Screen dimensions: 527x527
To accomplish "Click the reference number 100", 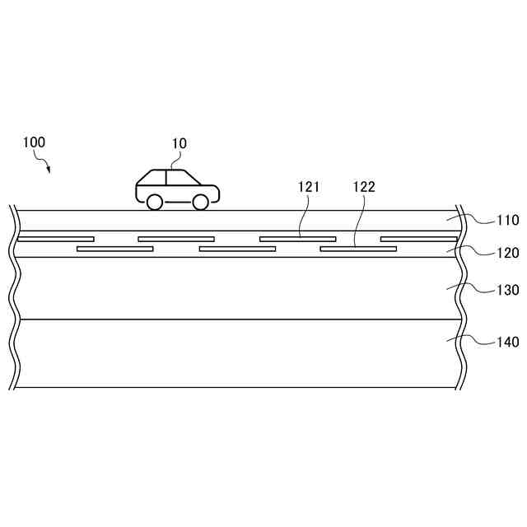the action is coord(34,142).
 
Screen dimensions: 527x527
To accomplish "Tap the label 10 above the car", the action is coord(179,143).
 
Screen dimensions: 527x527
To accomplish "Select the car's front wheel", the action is coord(200,202).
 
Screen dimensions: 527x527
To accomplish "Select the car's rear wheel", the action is coord(154,202).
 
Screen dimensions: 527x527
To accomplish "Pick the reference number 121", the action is coord(310,187).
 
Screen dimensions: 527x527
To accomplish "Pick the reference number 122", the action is coord(363,187).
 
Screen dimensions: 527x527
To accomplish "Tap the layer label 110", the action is coord(508,220).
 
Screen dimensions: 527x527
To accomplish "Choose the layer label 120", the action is coord(508,253).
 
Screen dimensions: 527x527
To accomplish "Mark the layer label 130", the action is coord(508,290).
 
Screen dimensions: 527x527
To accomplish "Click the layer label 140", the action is coord(508,342).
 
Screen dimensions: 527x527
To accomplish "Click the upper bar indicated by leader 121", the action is coord(297,239).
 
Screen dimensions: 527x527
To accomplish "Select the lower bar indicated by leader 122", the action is coord(358,248).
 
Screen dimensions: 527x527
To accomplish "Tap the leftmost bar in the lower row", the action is coord(114,248).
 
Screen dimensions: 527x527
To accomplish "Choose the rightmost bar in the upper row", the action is coord(418,239).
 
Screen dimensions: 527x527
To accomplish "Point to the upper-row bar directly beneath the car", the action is coord(176,239).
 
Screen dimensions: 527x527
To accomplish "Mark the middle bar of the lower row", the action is coord(237,248).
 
